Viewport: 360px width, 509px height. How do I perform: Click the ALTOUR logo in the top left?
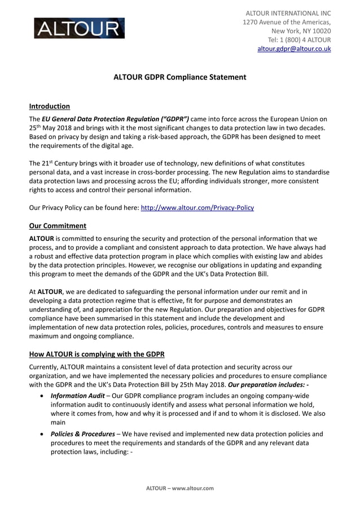tap(79, 28)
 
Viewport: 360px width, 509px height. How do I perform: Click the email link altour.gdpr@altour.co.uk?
tap(294, 49)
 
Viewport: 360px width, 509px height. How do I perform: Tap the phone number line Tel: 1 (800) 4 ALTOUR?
tap(299, 40)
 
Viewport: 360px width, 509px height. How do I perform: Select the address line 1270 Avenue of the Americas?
tap(287, 22)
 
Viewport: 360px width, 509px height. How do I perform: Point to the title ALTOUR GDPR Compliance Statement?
tap(180, 77)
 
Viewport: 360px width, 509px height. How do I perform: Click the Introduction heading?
tap(50, 106)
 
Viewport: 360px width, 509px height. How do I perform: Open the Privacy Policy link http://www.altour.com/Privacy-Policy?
tap(197, 207)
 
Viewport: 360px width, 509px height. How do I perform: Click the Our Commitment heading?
tap(58, 225)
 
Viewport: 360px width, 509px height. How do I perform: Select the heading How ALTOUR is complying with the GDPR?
tap(96, 354)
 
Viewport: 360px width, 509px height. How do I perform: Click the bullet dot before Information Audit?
tap(43, 396)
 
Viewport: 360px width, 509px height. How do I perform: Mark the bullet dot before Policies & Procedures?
tap(43, 435)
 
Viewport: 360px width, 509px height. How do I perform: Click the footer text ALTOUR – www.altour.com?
tap(180, 488)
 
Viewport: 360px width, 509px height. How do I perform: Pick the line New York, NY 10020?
tap(301, 31)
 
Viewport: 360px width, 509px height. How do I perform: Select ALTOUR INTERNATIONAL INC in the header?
tap(288, 13)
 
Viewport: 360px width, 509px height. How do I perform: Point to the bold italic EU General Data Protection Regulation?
tap(115, 119)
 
